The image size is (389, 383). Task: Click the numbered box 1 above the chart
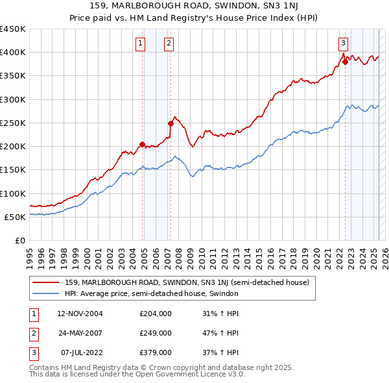[140, 43]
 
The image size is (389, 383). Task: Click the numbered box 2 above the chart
[168, 43]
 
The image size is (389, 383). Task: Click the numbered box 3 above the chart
[342, 43]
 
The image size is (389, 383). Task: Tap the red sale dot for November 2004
[143, 144]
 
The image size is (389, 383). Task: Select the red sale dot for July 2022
[345, 62]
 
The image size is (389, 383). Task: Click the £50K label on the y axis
[15, 217]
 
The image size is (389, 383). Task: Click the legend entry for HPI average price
[152, 293]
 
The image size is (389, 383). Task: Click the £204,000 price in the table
[156, 314]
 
